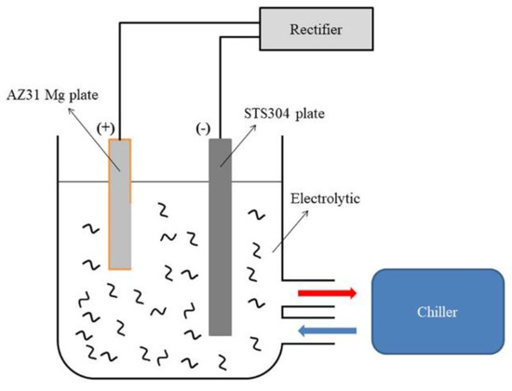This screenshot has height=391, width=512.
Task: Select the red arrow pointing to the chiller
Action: pyautogui.click(x=327, y=292)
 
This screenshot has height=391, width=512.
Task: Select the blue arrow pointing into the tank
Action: pyautogui.click(x=327, y=329)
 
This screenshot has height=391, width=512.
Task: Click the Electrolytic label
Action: pyautogui.click(x=320, y=197)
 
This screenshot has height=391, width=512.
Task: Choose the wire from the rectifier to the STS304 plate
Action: pyautogui.click(x=221, y=84)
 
